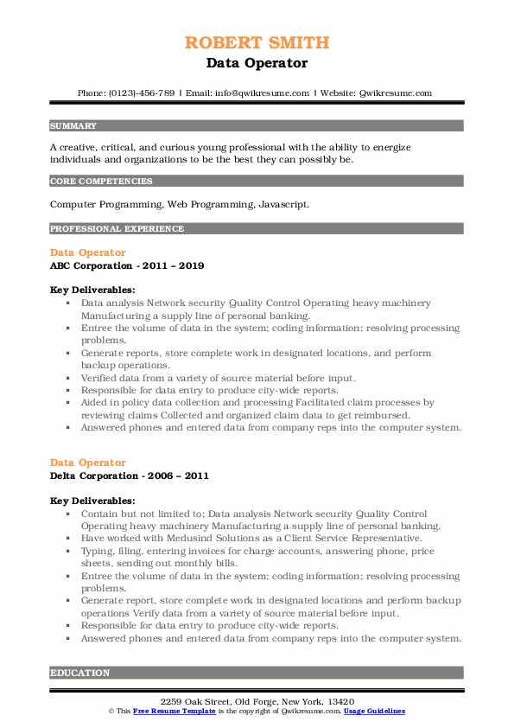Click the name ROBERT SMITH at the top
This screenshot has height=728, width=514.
(257, 42)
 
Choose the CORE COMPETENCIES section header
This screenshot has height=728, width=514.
(101, 182)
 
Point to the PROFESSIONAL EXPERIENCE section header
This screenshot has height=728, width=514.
(117, 229)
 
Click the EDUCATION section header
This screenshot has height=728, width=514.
(79, 673)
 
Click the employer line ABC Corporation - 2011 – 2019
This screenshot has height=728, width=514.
(127, 265)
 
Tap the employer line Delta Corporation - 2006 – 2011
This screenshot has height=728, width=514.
(129, 476)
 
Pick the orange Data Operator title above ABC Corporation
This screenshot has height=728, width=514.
(87, 252)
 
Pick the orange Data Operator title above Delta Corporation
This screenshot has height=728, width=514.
(87, 463)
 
